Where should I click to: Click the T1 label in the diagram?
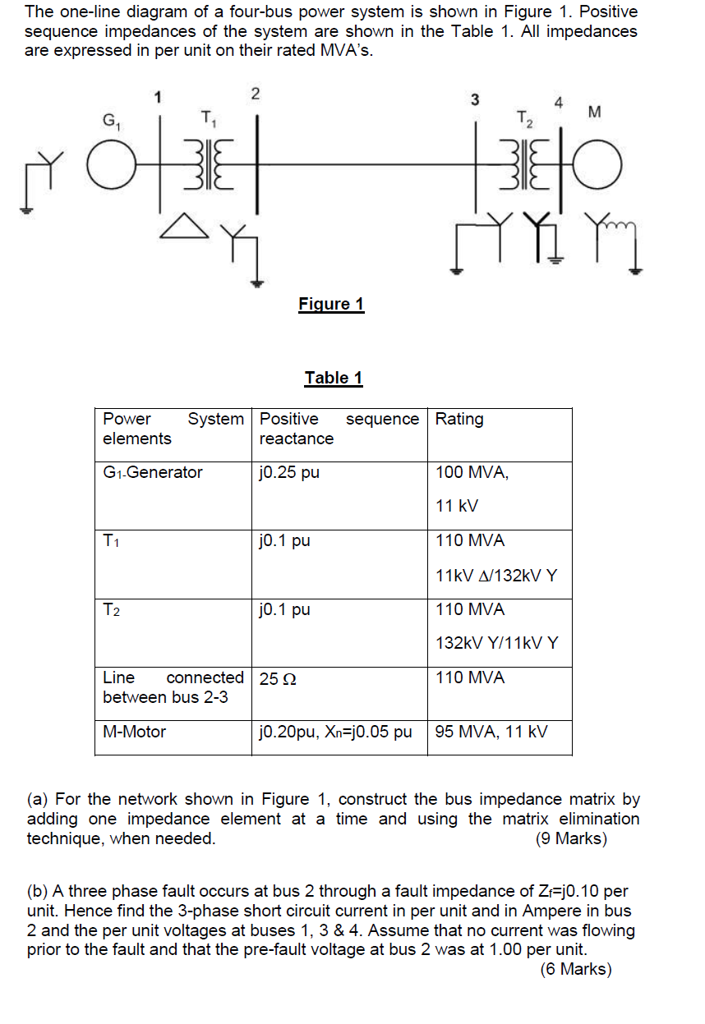click(208, 121)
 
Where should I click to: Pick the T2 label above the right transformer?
click(525, 121)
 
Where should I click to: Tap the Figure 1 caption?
click(331, 305)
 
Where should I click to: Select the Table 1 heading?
click(334, 378)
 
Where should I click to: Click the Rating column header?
click(459, 419)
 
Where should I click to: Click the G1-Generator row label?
click(153, 472)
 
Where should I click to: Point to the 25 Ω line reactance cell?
click(278, 679)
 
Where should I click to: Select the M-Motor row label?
click(135, 732)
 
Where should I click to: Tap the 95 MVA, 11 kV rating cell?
click(491, 732)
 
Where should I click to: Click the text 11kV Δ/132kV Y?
click(496, 575)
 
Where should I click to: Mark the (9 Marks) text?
click(571, 838)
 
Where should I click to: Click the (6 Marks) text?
click(576, 969)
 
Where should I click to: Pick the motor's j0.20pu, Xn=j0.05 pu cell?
click(335, 732)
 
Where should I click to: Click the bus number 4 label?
click(559, 103)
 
